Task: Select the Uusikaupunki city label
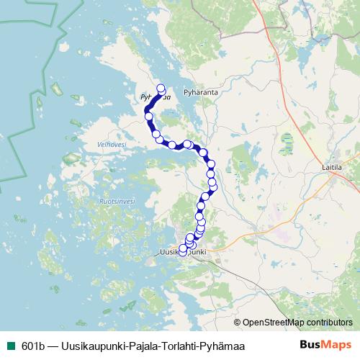point(182,252)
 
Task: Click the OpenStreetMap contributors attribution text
point(297,322)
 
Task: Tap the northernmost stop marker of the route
point(161,89)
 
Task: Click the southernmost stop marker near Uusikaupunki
point(182,252)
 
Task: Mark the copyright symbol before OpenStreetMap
point(238,322)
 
